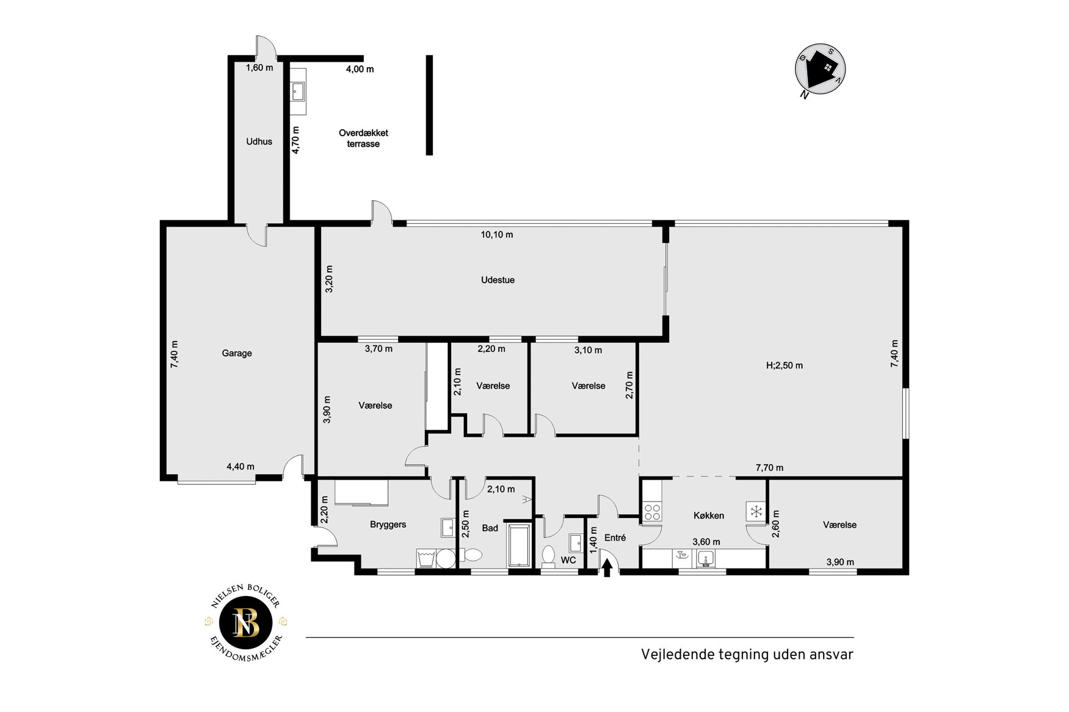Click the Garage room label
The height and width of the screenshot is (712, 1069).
[237, 353]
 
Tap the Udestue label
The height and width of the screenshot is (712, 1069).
[498, 280]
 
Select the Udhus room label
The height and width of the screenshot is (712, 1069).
[259, 142]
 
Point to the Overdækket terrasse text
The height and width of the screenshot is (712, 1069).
[363, 138]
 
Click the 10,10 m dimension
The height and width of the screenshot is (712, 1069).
[497, 234]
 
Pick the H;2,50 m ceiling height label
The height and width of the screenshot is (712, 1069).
[785, 365]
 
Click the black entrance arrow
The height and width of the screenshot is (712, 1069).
[607, 568]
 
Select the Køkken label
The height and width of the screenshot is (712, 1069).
[709, 516]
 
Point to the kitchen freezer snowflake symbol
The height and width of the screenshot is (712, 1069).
[756, 511]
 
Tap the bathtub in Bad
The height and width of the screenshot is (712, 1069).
[520, 545]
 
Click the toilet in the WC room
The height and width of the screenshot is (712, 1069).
[548, 556]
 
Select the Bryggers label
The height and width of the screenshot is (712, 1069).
[388, 525]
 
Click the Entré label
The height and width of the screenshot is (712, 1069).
[615, 538]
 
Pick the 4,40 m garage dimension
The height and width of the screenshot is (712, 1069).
[241, 467]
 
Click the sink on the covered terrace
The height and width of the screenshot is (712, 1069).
[298, 92]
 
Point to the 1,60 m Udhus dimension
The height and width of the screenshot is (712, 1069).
[259, 68]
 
